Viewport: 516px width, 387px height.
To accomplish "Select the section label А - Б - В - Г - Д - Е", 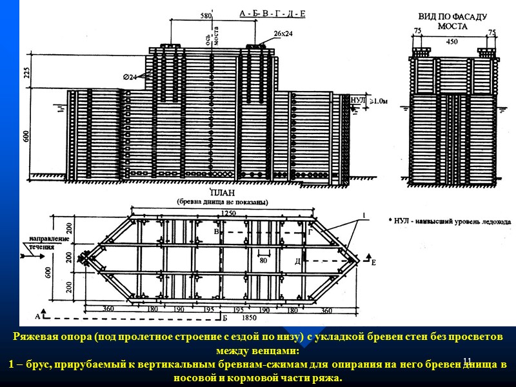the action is [x=272, y=12].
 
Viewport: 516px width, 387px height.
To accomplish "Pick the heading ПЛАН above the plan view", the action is [x=221, y=193].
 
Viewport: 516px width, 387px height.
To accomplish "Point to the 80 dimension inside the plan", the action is [x=263, y=261].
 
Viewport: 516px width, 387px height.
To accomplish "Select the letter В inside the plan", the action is [x=216, y=230].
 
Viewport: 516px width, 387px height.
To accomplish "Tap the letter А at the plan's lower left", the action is [x=37, y=317].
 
